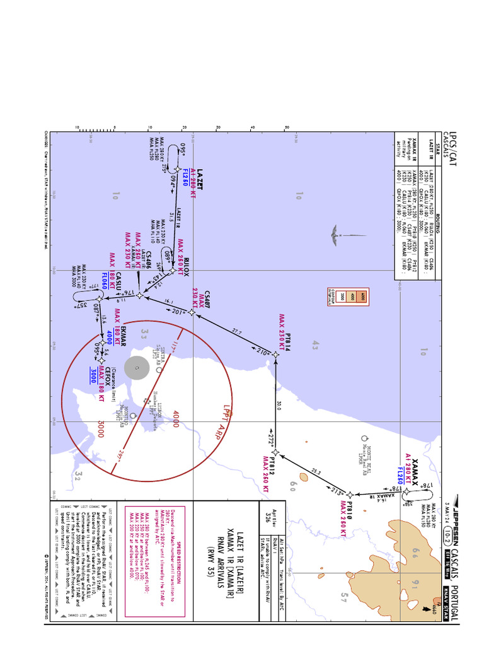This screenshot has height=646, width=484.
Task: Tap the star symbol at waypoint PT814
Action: [275, 355]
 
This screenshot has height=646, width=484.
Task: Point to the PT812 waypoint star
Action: [275, 453]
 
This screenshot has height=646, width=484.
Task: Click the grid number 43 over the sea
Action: [316, 344]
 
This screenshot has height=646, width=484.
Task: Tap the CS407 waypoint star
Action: [191, 312]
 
